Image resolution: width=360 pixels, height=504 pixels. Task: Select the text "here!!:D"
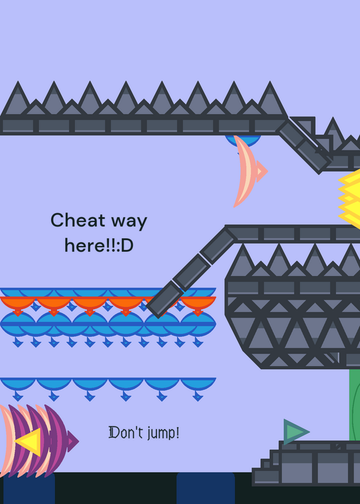pyautogui.click(x=99, y=246)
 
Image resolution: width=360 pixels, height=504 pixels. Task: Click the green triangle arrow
pyautogui.click(x=296, y=432)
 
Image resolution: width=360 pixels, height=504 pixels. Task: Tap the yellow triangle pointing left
pyautogui.click(x=29, y=442)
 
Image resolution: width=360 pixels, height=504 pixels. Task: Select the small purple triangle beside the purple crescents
pyautogui.click(x=73, y=441)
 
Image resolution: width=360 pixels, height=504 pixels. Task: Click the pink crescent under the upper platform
pyautogui.click(x=245, y=171)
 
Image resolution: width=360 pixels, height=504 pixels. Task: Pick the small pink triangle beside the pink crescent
pyautogui.click(x=262, y=171)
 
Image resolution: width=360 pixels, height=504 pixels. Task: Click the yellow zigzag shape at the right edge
pyautogui.click(x=350, y=199)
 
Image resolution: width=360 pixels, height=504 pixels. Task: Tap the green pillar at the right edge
pyautogui.click(x=354, y=405)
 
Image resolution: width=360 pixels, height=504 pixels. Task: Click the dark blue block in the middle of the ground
pyautogui.click(x=206, y=488)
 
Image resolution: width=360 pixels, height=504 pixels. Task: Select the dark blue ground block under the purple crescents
pyautogui.click(x=29, y=488)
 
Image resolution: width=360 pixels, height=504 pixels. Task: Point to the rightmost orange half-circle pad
pyautogui.click(x=198, y=304)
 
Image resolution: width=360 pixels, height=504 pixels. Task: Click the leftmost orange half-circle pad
pyautogui.click(x=18, y=304)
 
